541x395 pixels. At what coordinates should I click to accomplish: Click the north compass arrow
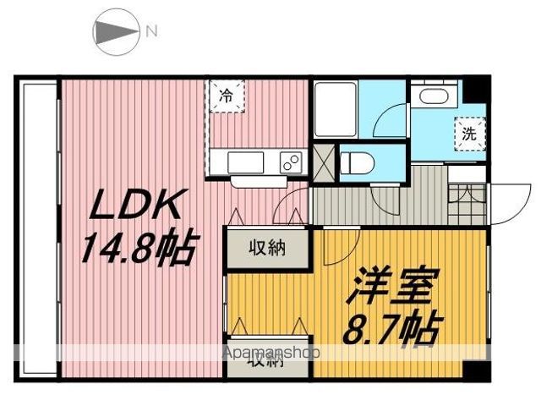pyautogui.click(x=115, y=32)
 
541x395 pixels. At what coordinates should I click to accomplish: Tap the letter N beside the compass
pyautogui.click(x=151, y=32)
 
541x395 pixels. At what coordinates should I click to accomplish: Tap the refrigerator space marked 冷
pyautogui.click(x=226, y=96)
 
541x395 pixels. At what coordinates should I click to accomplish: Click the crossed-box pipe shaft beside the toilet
pyautogui.click(x=322, y=160)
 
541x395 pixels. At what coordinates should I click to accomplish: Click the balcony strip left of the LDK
pyautogui.click(x=35, y=228)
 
